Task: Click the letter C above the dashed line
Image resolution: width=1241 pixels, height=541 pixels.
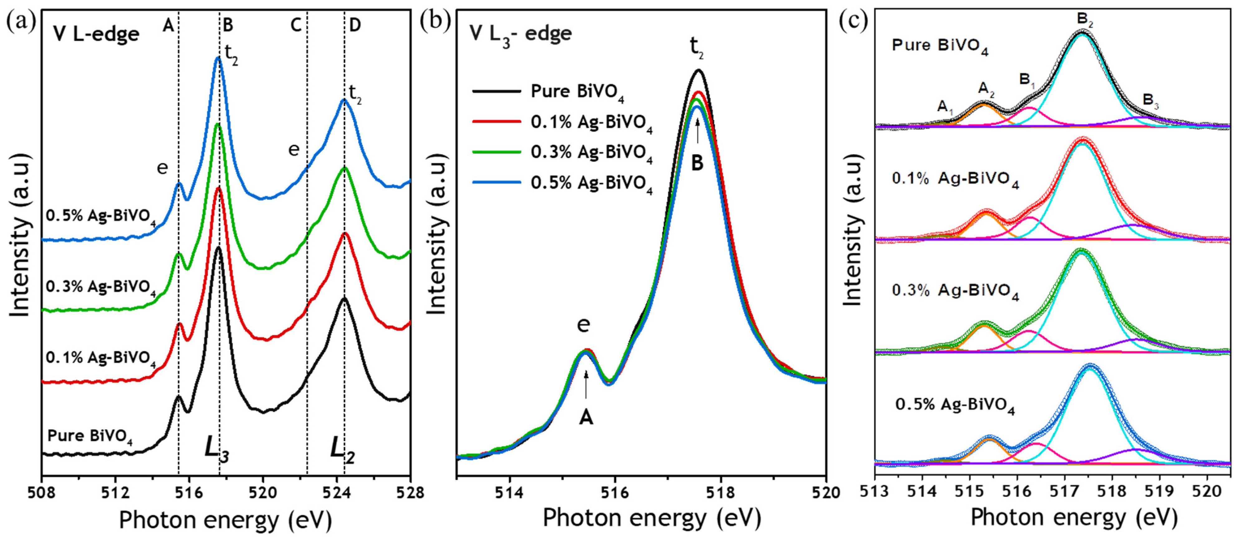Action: coord(296,25)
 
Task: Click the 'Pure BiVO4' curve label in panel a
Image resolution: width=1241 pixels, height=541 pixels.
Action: coord(90,436)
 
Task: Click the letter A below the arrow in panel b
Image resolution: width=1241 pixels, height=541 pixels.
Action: coord(586,418)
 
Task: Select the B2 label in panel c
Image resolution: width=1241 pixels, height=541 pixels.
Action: coord(1085,20)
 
